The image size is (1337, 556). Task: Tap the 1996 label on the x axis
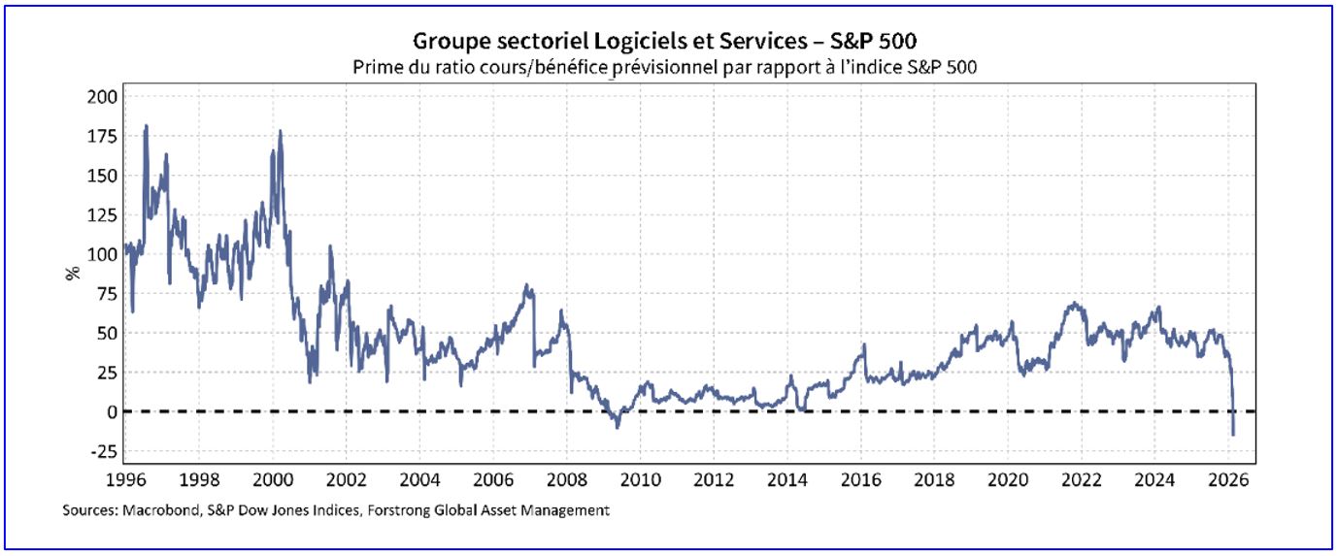click(x=125, y=479)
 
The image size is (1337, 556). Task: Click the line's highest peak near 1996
click(x=146, y=125)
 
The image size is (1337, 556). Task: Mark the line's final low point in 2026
click(x=1233, y=435)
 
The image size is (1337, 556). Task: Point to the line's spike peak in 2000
click(x=281, y=131)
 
